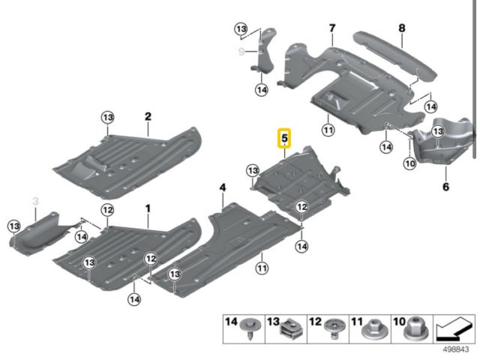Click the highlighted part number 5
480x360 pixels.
coord(285,138)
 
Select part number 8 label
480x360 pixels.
coord(401,28)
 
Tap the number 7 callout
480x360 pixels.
coord(331,28)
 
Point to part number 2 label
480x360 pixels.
coord(148,116)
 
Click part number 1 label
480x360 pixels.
coord(148,207)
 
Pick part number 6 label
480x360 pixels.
coord(445,187)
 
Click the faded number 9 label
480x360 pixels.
coord(241,51)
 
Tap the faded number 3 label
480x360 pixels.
coord(34,201)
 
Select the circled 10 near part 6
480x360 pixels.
coord(409,163)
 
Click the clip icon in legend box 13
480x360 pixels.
coord(289,328)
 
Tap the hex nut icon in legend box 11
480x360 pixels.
coord(370,328)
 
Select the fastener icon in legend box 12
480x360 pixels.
coord(331,328)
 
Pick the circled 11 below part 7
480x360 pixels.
coord(327,130)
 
